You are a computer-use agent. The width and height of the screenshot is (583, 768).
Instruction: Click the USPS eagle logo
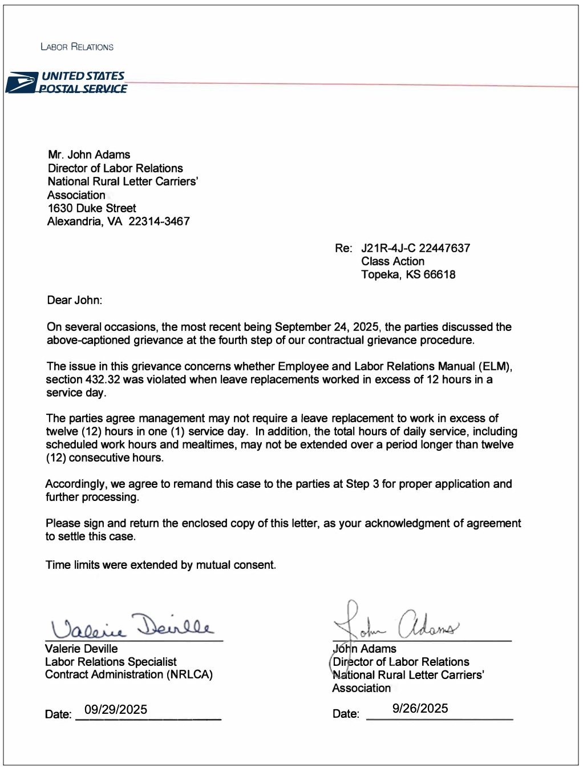[x=21, y=82]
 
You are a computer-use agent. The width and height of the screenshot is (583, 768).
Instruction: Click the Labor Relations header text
[x=77, y=47]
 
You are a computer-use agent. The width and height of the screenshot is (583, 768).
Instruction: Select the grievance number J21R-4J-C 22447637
[x=415, y=248]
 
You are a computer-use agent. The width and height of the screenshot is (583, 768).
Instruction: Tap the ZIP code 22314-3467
[x=159, y=221]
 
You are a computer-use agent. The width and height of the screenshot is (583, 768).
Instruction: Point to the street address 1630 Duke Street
[x=92, y=208]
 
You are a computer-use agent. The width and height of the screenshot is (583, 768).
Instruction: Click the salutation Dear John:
[x=74, y=300]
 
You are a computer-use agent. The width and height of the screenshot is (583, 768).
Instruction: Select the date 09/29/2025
[x=116, y=709]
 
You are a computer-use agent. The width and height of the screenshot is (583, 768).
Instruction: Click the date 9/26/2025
[x=420, y=708]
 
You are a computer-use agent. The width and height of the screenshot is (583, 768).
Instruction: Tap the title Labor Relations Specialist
[x=111, y=662]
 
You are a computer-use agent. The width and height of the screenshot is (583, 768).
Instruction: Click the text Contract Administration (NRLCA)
[x=129, y=674]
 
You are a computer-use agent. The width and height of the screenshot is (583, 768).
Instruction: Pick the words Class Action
[x=392, y=261]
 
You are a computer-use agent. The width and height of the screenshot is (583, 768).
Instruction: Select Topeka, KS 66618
[x=408, y=274]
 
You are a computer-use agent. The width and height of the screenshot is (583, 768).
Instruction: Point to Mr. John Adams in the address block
[x=89, y=155]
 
